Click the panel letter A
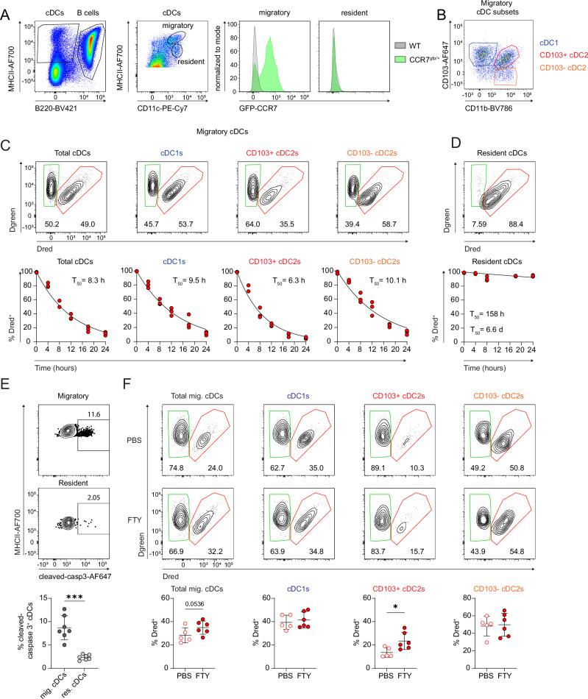click(8, 8)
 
